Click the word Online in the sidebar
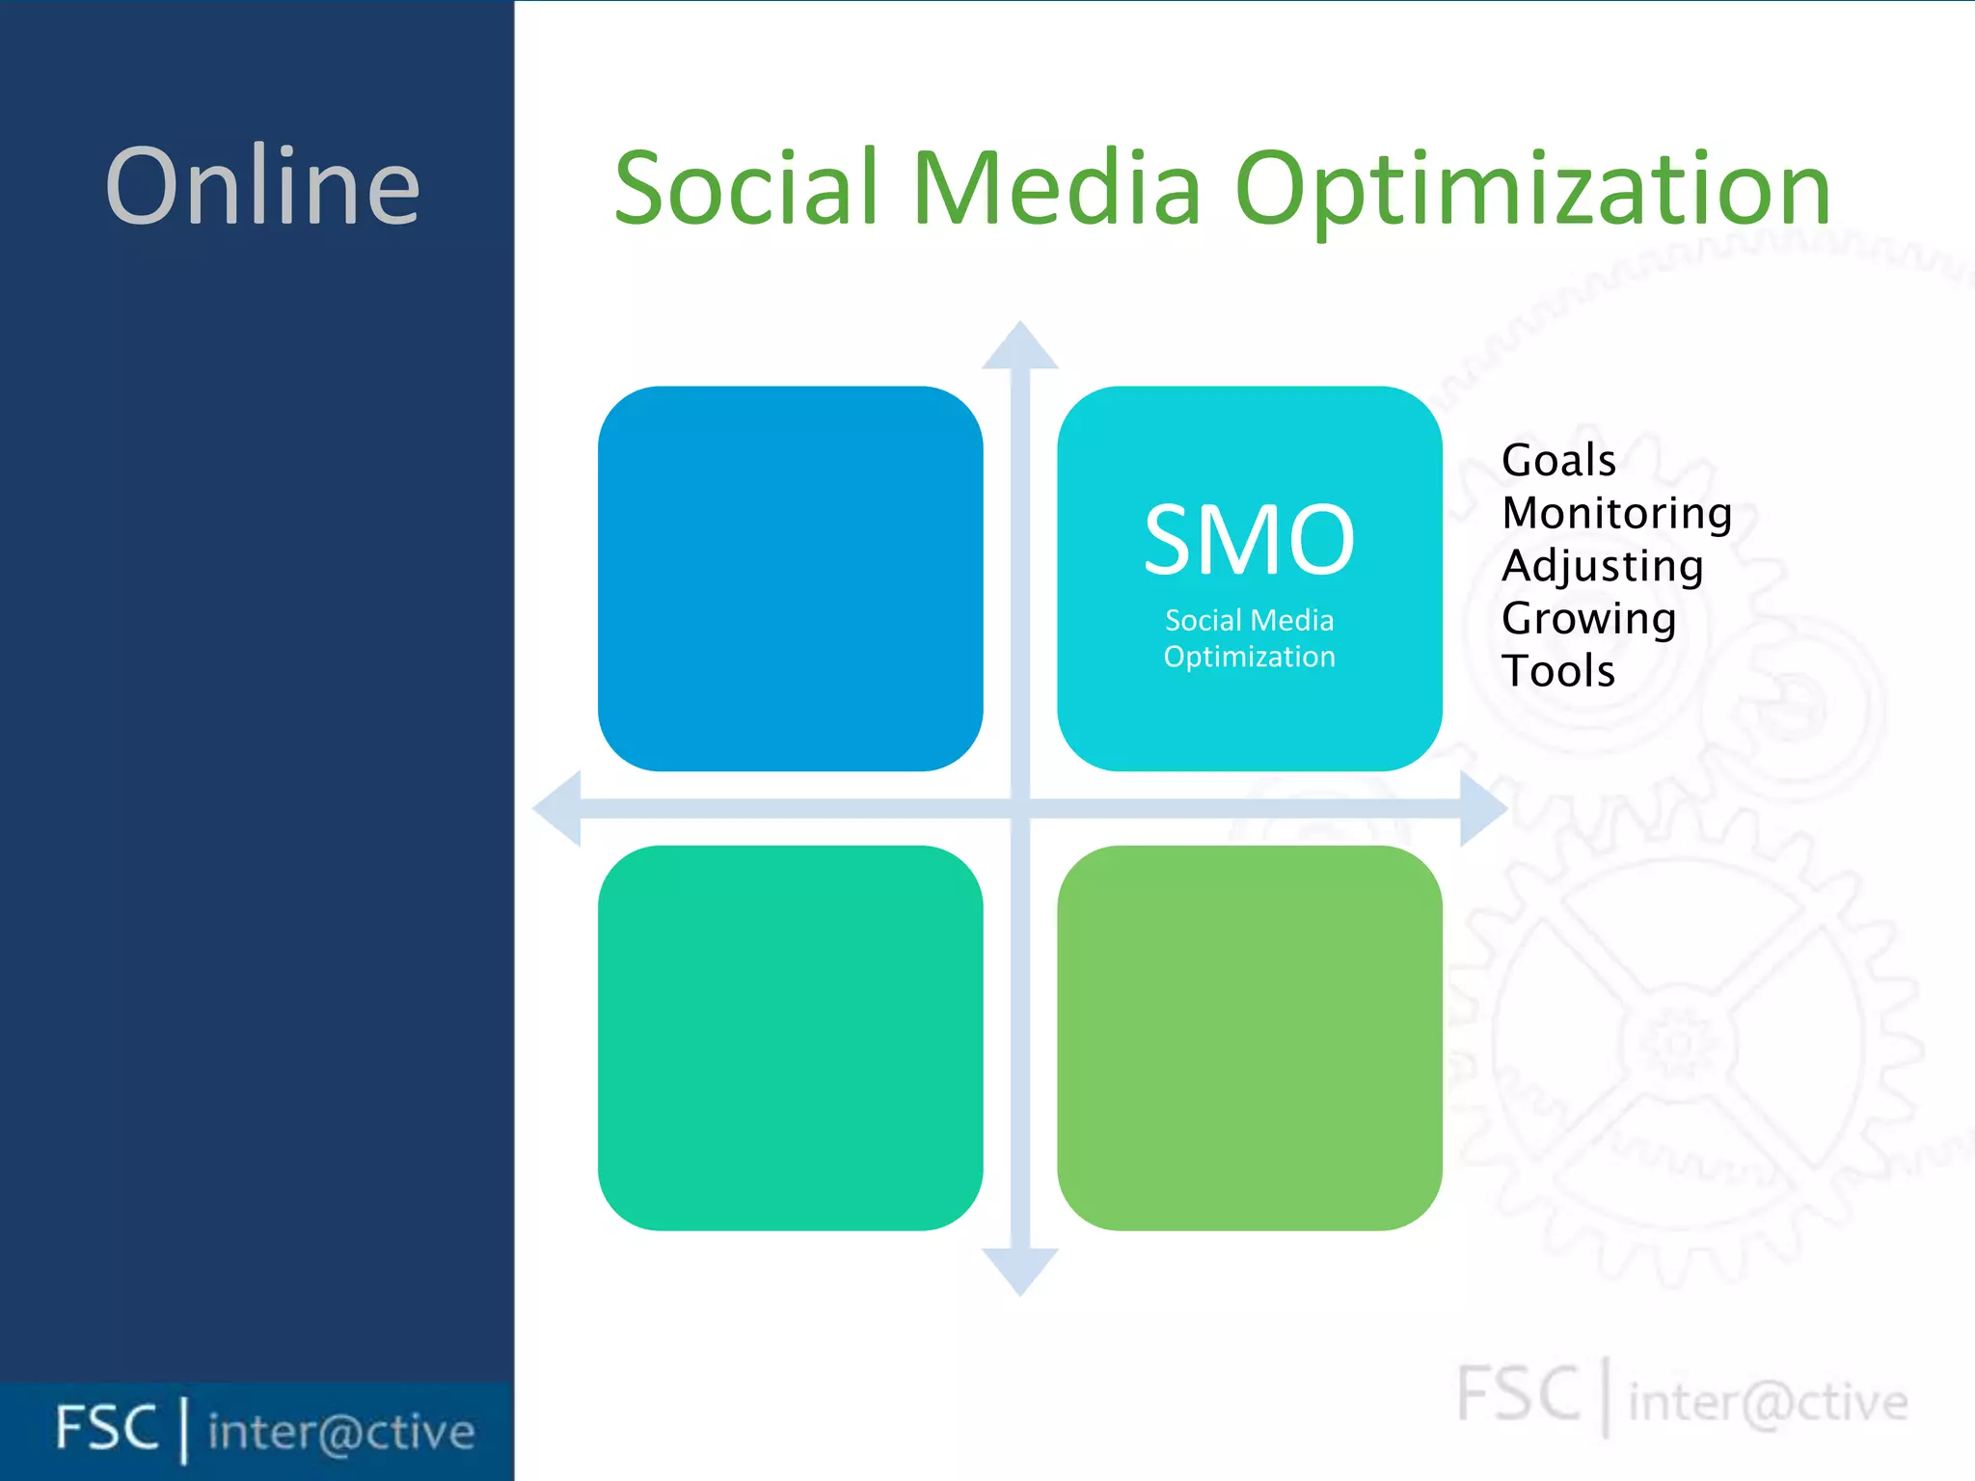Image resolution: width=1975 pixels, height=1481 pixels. (262, 186)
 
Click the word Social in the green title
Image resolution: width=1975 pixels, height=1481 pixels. (745, 188)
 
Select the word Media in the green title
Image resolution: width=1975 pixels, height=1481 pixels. (1056, 188)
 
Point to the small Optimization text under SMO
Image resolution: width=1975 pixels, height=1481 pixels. (1249, 657)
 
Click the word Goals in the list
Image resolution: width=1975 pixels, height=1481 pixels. (1558, 460)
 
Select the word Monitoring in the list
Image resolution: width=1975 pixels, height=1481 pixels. (1616, 513)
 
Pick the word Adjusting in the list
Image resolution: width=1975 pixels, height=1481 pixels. (1602, 566)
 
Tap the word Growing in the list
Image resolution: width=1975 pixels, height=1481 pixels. (1588, 618)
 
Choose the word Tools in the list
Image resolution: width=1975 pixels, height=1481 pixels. (1557, 671)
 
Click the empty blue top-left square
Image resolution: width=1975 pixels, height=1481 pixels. (790, 579)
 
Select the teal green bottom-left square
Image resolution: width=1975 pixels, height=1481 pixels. (790, 1037)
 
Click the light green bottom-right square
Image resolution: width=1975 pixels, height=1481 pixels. (1249, 1037)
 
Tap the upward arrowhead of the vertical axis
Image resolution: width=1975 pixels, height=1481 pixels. (1020, 347)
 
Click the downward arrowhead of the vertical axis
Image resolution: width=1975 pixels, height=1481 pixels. (1020, 1270)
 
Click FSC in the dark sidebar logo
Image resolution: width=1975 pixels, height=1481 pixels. (106, 1428)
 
